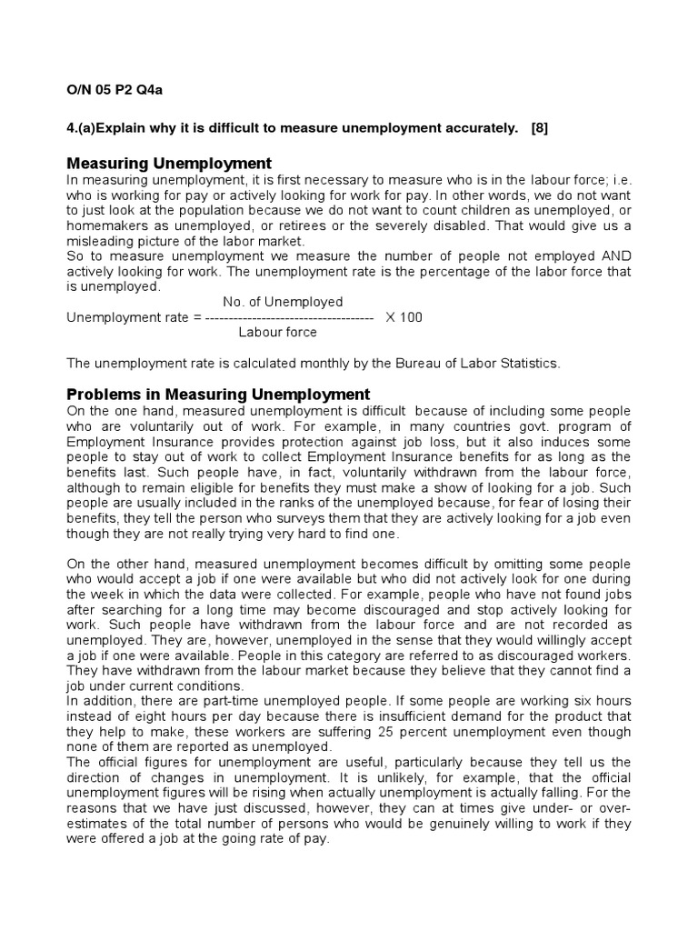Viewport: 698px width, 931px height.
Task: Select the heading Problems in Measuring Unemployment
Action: pyautogui.click(x=218, y=395)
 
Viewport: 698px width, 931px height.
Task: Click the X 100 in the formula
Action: pyautogui.click(x=404, y=317)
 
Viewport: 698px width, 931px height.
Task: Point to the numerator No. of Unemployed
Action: pyautogui.click(x=283, y=302)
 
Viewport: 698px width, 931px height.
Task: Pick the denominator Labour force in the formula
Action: pyautogui.click(x=278, y=332)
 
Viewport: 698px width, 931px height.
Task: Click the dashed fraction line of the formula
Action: pyautogui.click(x=289, y=318)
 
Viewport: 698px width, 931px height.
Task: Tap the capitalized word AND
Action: pyautogui.click(x=615, y=257)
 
